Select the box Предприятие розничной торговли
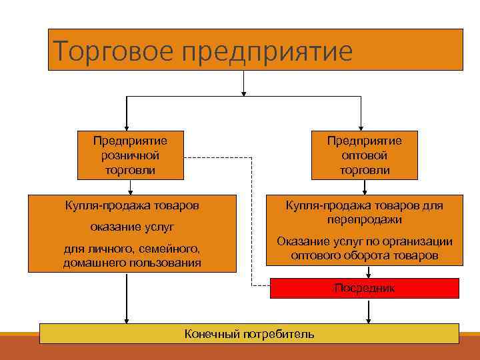(130, 155)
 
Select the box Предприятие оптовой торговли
(364, 155)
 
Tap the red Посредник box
(364, 288)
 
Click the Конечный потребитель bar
(249, 333)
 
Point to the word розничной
(130, 155)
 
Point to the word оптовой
(364, 155)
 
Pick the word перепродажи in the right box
(364, 219)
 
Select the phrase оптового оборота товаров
(364, 255)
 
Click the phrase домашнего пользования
(131, 263)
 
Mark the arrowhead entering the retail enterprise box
(127, 126)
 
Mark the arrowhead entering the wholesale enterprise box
(361, 126)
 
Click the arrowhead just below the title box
(244, 92)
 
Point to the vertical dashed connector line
(252, 220)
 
